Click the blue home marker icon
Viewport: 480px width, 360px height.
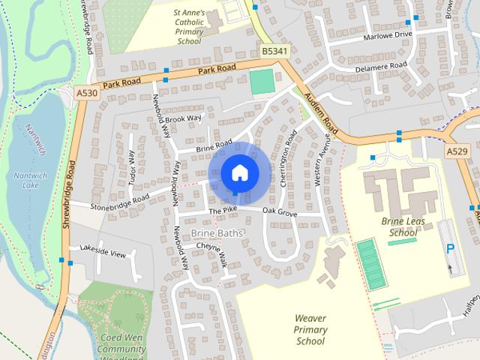[x=238, y=172]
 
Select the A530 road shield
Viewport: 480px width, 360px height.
[x=86, y=91]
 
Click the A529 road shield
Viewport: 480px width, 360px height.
[x=457, y=151]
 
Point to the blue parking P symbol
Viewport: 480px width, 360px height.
[x=451, y=249]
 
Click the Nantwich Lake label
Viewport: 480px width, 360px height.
[x=30, y=180]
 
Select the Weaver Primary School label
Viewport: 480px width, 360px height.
[x=310, y=330]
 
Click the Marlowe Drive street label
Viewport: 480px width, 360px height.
[x=388, y=34]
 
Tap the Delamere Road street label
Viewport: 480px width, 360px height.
[x=382, y=66]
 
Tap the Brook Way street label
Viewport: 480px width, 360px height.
[x=184, y=118]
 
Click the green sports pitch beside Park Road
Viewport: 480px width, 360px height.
[x=262, y=81]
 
